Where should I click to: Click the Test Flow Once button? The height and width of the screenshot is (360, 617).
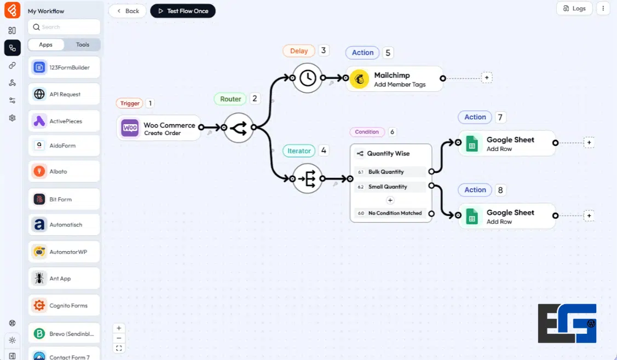[183, 11]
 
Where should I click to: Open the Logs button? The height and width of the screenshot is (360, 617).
[574, 8]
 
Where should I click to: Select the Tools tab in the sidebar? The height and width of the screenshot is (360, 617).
[83, 45]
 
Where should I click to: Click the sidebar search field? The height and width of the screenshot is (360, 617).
[64, 27]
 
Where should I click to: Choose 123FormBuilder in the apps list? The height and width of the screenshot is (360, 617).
[64, 68]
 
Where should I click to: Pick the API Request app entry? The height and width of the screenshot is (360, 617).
[64, 94]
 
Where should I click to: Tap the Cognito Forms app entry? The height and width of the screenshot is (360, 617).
[64, 305]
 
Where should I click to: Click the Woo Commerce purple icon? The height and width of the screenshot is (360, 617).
[130, 128]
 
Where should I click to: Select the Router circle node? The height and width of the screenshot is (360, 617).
[239, 128]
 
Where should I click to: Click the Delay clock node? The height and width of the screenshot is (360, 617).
[307, 78]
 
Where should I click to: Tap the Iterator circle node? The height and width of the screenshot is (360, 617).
[307, 178]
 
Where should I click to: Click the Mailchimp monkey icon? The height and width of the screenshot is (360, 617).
[360, 79]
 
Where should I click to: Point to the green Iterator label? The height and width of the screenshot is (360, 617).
[299, 150]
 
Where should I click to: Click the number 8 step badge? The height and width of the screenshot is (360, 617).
[500, 190]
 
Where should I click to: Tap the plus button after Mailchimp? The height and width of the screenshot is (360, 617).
[486, 78]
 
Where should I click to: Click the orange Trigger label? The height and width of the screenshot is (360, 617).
[130, 103]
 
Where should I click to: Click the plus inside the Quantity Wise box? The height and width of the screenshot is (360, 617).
[390, 200]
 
